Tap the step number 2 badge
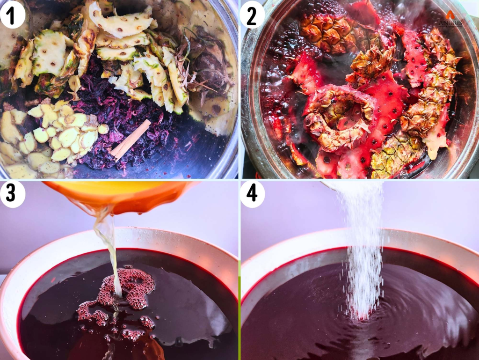click(253, 15)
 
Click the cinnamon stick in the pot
click(131, 139)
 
